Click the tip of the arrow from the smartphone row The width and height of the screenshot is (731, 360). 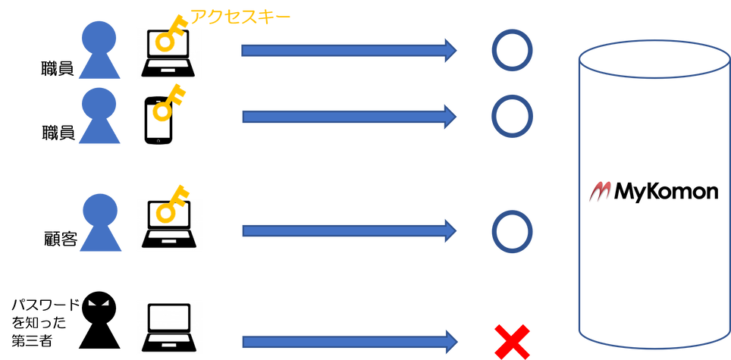point(456,117)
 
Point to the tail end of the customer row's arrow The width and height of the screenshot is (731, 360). point(243,230)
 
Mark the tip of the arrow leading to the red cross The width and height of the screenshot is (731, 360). point(457,342)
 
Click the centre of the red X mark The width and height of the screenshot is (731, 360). point(512,342)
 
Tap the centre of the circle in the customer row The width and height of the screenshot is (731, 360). point(512,230)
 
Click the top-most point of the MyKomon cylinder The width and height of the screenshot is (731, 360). point(654,40)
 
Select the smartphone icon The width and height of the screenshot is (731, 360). point(158,121)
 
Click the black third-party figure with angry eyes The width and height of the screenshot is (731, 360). point(99,322)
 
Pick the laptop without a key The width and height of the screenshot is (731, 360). point(169,327)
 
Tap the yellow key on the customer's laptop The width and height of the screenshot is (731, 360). point(171,203)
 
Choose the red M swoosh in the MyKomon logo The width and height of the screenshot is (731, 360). point(601,191)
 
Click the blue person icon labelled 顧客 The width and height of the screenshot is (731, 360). point(100,222)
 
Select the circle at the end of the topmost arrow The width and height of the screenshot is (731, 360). point(512,50)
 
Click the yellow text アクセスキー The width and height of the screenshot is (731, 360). point(240,17)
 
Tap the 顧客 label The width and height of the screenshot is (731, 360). point(60,239)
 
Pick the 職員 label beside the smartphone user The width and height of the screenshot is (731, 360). point(58,133)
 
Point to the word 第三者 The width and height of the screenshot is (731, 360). point(32,340)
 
